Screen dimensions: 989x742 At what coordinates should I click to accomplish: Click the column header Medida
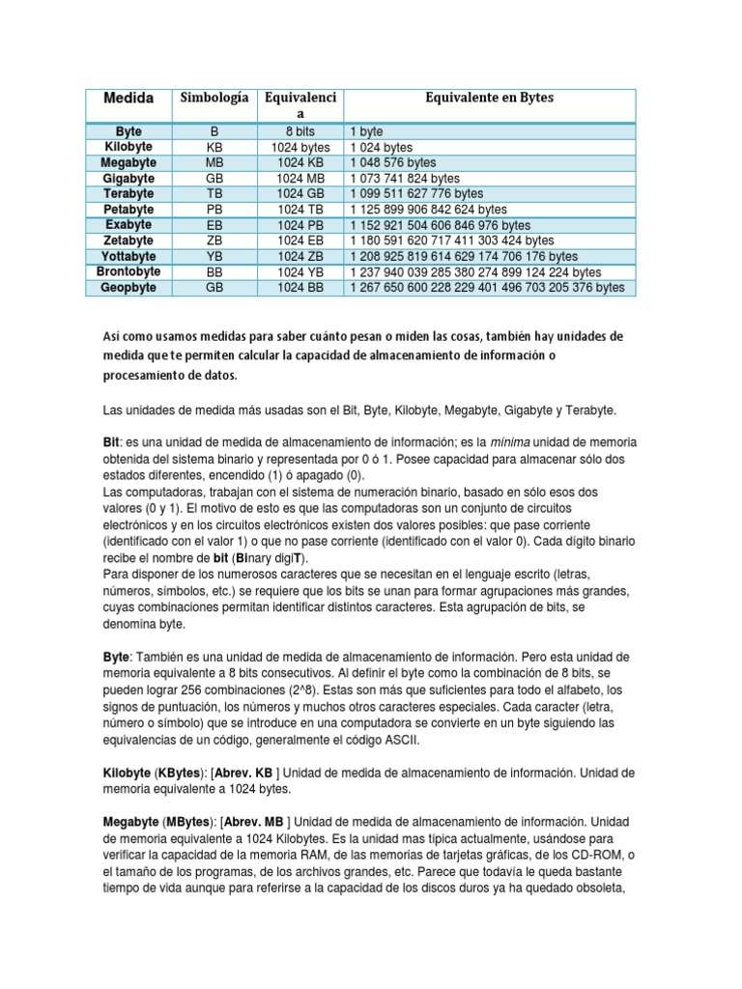[128, 99]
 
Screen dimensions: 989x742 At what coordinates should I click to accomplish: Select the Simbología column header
[214, 98]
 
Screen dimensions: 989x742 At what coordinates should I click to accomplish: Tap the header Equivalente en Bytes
[490, 98]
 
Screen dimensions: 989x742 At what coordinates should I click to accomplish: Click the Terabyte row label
[128, 193]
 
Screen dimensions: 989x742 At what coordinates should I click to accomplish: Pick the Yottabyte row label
[128, 256]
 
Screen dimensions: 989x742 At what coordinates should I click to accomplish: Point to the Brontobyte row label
[128, 271]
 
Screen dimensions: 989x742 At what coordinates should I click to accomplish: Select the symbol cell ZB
[214, 240]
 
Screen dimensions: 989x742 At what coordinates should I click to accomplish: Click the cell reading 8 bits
[300, 130]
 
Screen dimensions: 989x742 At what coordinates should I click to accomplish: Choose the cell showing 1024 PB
[300, 225]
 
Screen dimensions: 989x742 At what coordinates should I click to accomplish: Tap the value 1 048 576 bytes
[393, 162]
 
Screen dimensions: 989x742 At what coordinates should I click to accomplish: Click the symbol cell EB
[214, 225]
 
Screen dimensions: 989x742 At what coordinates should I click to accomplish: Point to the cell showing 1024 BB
[300, 288]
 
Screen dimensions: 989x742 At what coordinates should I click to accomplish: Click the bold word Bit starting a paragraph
[110, 441]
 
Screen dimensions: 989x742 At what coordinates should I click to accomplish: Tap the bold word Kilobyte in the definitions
[128, 773]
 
